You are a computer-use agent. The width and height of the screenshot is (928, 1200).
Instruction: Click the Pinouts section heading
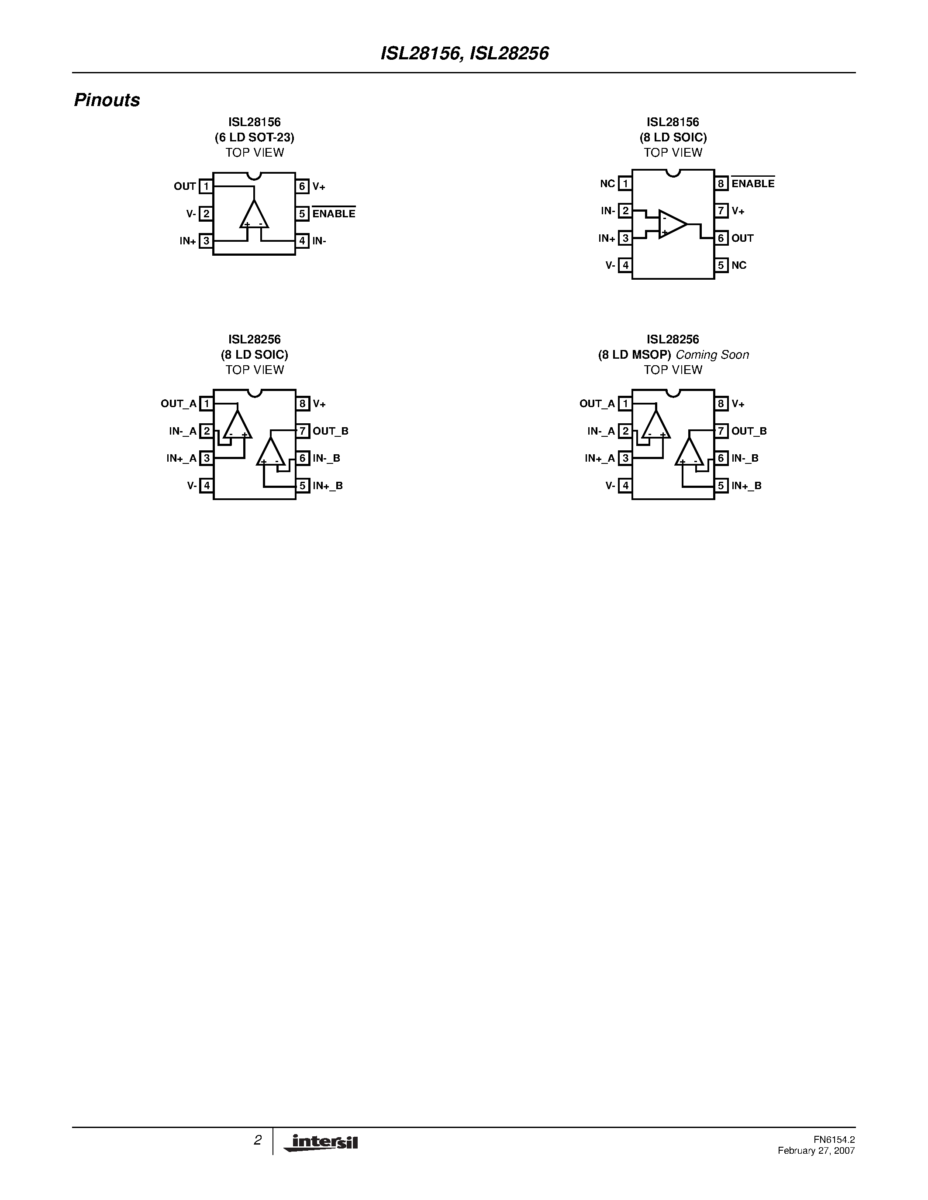(x=107, y=100)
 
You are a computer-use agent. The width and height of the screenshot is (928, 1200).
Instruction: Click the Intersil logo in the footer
(x=321, y=1142)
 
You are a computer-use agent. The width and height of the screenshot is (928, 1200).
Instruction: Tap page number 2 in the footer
(x=257, y=1140)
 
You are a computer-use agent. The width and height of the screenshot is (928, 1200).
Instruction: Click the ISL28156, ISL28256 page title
(x=465, y=53)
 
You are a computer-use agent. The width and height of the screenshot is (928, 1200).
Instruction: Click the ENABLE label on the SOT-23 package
(x=334, y=214)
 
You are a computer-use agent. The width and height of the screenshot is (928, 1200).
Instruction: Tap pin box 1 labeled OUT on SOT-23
(x=206, y=186)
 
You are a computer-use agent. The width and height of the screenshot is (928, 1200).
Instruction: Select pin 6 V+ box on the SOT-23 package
(x=302, y=186)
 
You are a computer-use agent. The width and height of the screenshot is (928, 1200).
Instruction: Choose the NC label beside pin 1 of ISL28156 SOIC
(x=607, y=184)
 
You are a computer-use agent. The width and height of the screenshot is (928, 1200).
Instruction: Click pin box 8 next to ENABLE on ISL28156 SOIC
(x=721, y=184)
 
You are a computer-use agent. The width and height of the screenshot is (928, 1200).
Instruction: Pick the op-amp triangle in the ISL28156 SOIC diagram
(x=672, y=224)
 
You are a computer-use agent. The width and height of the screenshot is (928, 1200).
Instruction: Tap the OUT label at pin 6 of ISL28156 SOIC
(x=742, y=238)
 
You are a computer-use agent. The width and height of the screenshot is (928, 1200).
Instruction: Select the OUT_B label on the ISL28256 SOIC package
(x=331, y=431)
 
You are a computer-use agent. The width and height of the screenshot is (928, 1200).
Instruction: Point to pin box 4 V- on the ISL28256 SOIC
(x=206, y=486)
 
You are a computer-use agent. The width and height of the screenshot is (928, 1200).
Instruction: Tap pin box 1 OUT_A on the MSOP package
(x=625, y=404)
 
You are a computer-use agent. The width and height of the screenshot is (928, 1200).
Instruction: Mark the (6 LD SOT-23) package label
(x=255, y=137)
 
